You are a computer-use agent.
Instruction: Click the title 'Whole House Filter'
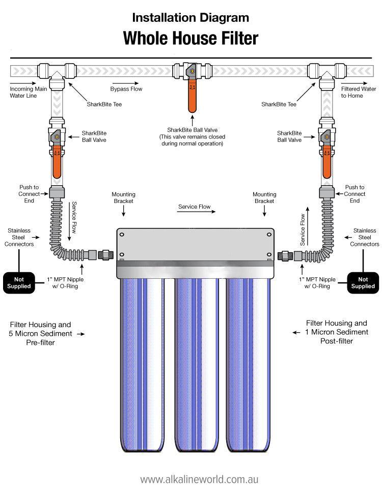click(x=190, y=38)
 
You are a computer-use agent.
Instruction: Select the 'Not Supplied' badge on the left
click(x=19, y=282)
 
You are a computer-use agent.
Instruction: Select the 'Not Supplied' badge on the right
click(x=363, y=282)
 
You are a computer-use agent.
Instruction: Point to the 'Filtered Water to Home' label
click(x=355, y=92)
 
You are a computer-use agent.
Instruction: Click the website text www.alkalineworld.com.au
click(x=200, y=479)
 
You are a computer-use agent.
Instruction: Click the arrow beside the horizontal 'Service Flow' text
click(x=209, y=212)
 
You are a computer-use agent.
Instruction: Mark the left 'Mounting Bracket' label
click(x=122, y=197)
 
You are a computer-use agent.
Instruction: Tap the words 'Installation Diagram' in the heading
click(x=190, y=18)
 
